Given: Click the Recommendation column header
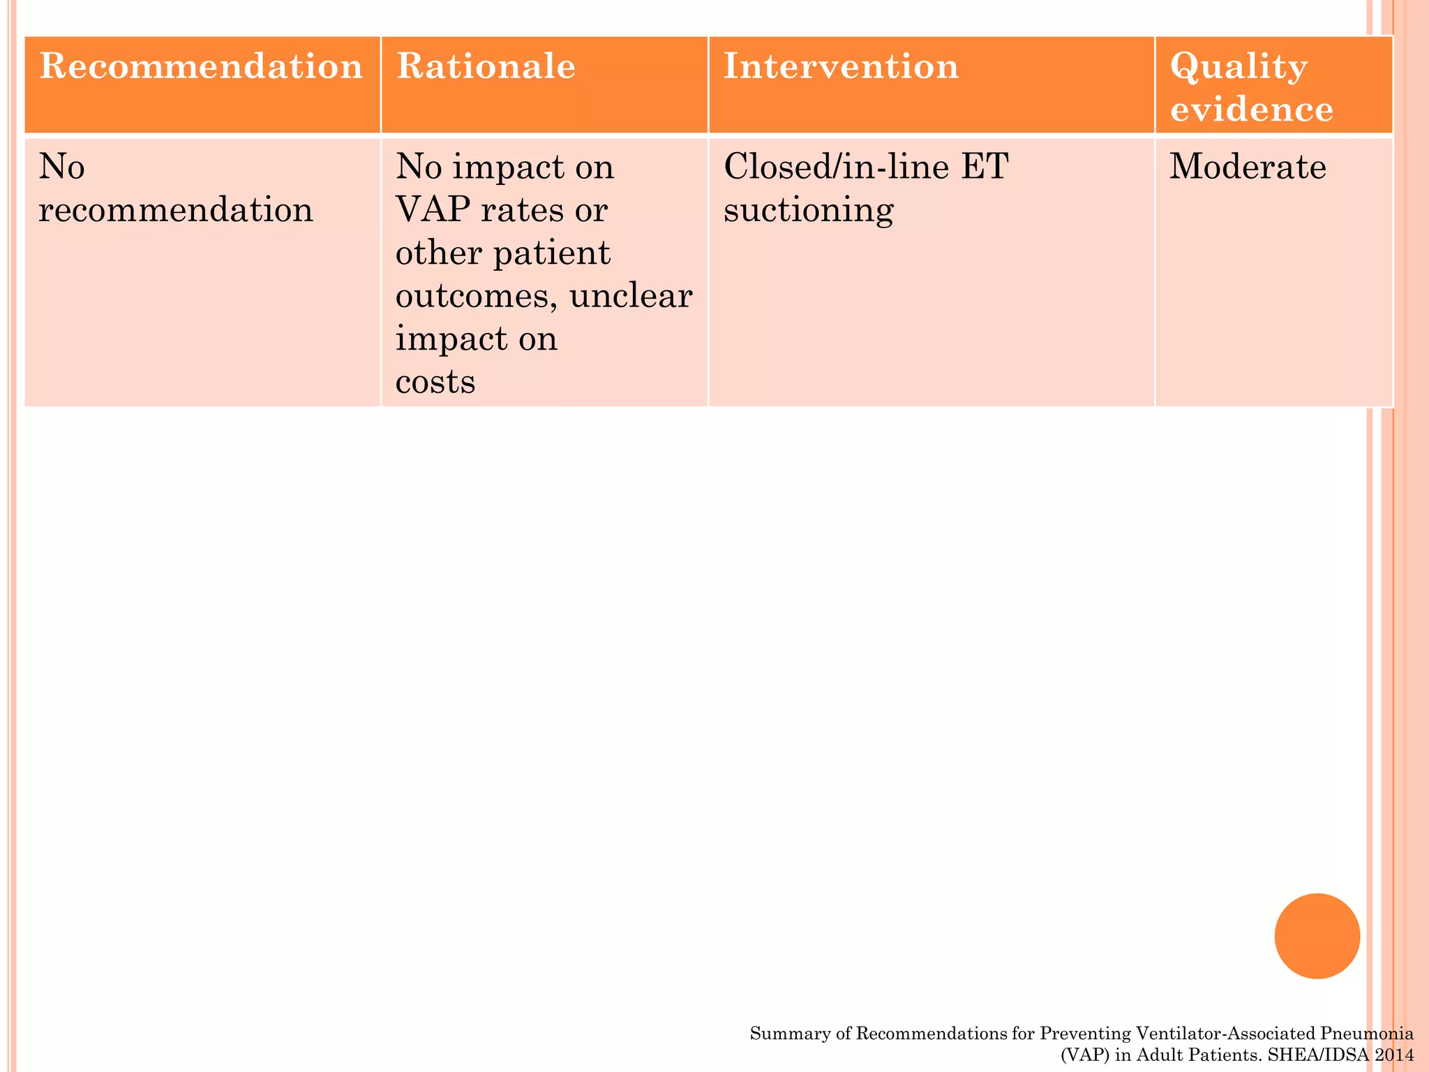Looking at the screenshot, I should pos(201,68).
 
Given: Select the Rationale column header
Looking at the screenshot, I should pos(486,68).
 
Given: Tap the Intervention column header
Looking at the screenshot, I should pos(841,68).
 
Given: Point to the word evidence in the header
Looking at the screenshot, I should pos(1252,110).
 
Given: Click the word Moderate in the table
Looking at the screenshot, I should pos(1248,167).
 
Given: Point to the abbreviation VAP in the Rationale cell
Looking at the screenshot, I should pos(431,209).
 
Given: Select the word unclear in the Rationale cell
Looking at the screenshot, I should pos(631,296).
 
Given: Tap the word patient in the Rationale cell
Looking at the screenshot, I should pos(552,253).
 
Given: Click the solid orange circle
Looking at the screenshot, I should pos(1317,936).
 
